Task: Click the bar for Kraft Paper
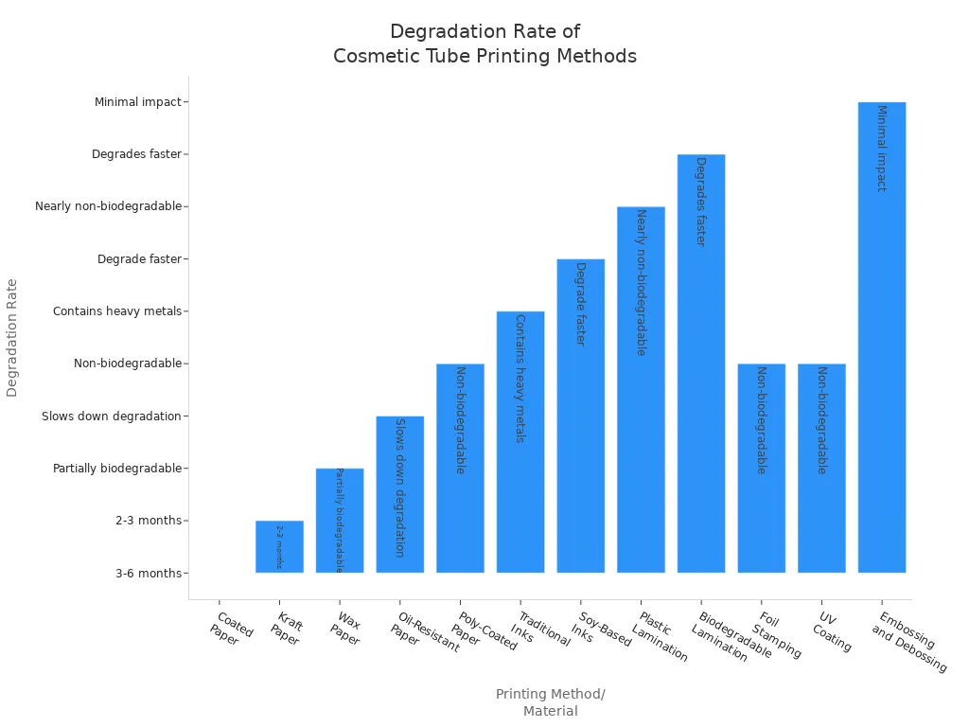click(279, 547)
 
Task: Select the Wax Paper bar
click(340, 521)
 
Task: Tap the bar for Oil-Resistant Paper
click(399, 494)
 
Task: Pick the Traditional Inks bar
click(520, 442)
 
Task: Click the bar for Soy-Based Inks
click(580, 416)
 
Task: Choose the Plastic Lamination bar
click(641, 389)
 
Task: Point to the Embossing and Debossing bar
click(882, 337)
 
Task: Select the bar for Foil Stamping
click(762, 468)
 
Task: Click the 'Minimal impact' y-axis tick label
click(137, 102)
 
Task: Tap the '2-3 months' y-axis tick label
click(149, 521)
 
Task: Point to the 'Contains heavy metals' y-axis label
click(117, 311)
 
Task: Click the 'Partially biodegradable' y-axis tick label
click(117, 469)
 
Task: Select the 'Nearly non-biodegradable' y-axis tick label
click(108, 206)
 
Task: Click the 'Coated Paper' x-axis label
click(230, 629)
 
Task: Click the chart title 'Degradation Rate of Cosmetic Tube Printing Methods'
click(484, 44)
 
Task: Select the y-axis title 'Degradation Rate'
click(12, 337)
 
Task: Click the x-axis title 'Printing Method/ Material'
click(551, 702)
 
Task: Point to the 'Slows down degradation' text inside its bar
click(399, 488)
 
